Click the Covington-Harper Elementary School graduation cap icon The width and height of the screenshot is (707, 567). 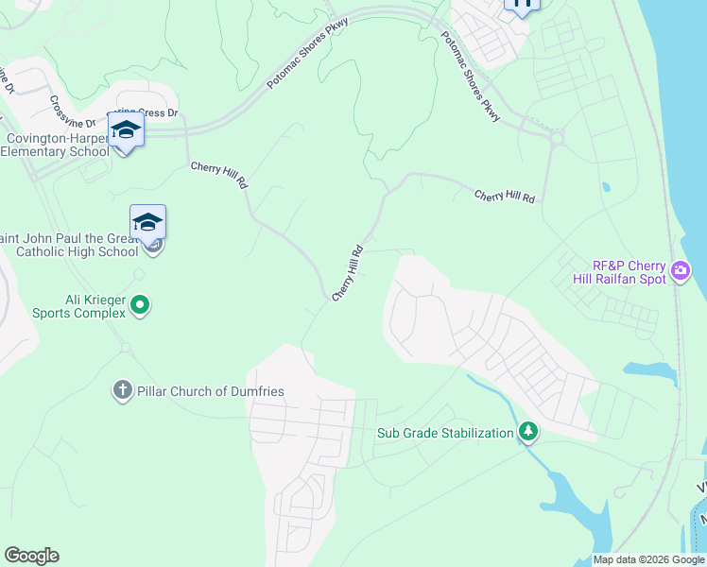tap(126, 129)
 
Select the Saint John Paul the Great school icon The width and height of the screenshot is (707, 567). tap(147, 223)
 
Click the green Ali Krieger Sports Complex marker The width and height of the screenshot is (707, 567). tap(140, 304)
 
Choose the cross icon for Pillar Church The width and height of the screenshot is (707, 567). tap(122, 390)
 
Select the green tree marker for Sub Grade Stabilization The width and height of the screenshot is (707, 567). tap(528, 434)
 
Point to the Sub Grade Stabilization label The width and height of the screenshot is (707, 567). tap(444, 434)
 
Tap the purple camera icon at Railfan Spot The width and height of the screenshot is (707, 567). tap(680, 273)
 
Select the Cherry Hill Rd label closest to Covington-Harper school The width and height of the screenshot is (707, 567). tap(219, 176)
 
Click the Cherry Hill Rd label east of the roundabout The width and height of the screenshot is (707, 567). tap(505, 196)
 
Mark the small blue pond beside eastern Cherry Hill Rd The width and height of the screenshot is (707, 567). tap(606, 187)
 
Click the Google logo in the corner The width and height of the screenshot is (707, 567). tap(32, 556)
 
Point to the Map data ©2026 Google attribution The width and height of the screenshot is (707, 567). tap(647, 559)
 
